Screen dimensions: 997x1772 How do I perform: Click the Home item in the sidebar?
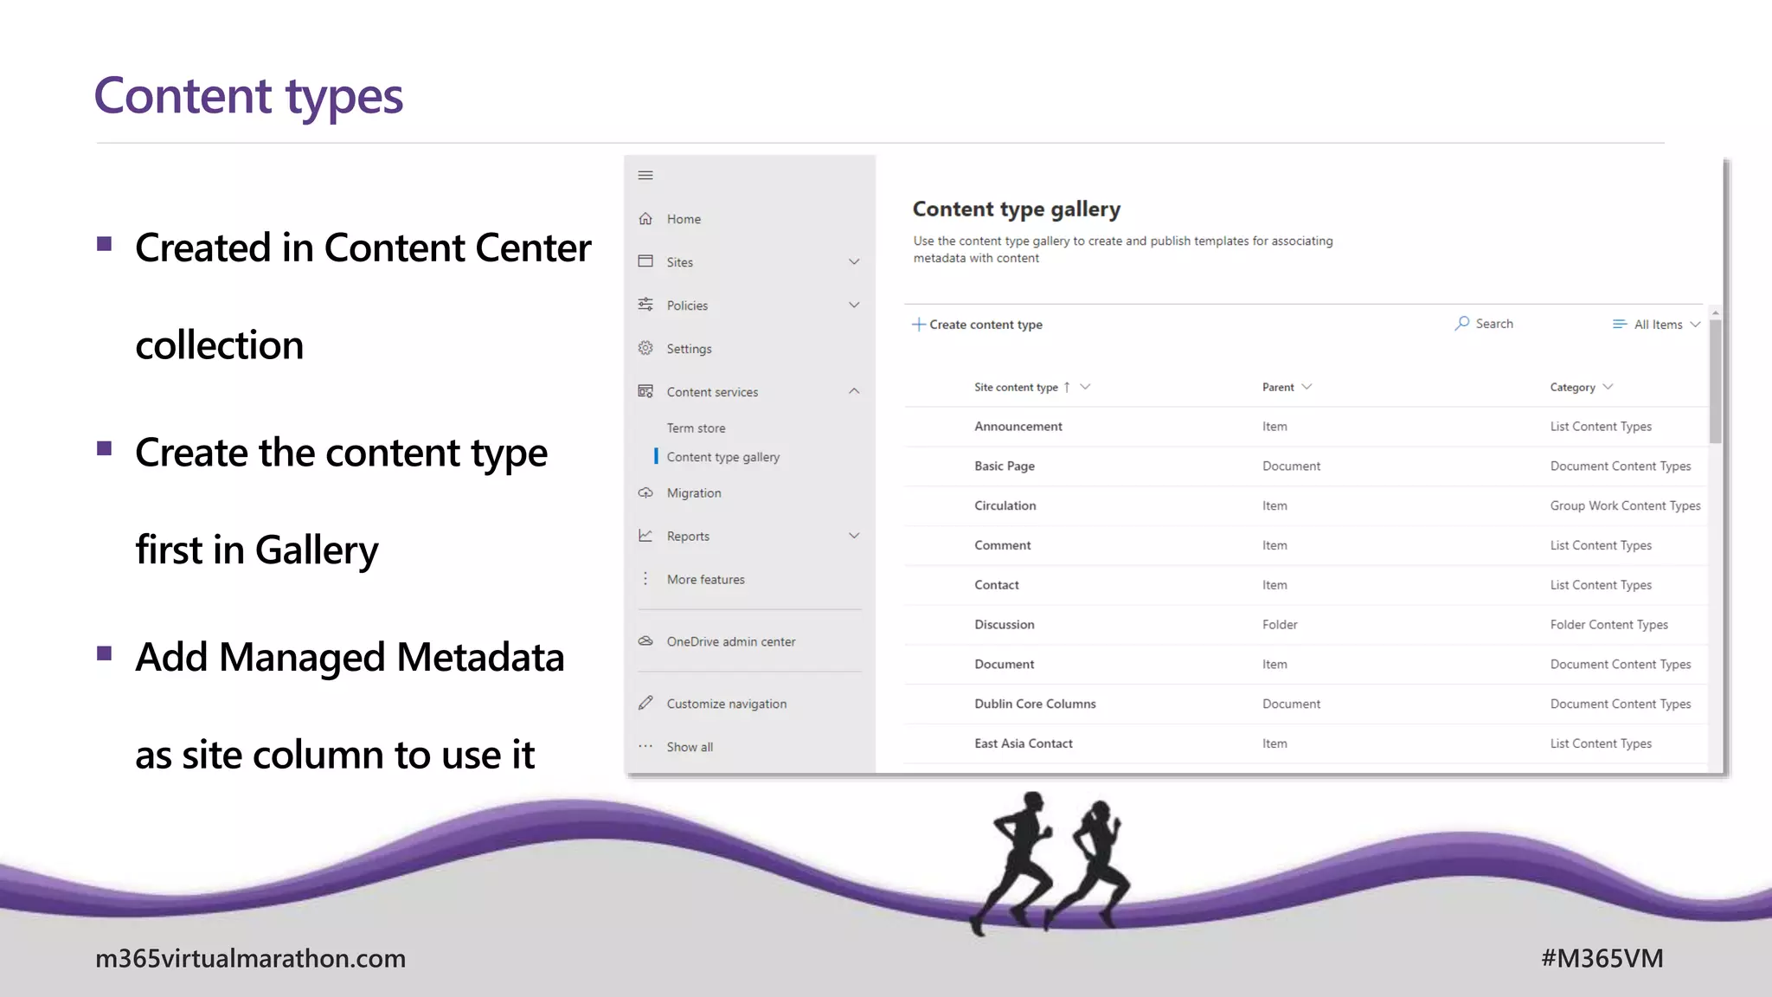click(x=683, y=219)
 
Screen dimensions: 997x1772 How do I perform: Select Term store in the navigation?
click(x=696, y=428)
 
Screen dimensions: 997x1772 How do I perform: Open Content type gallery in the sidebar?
click(x=722, y=457)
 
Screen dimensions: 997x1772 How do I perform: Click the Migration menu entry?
click(x=693, y=493)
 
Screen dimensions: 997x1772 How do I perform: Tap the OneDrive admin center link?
click(x=730, y=642)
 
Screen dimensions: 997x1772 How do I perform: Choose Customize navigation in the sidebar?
click(x=726, y=704)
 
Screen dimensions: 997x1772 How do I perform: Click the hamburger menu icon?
click(x=645, y=176)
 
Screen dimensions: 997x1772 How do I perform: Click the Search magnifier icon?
click(x=1462, y=323)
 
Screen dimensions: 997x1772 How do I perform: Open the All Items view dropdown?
click(x=1657, y=325)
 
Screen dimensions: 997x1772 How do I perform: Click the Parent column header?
click(x=1278, y=388)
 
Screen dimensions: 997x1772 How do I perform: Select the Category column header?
click(x=1572, y=388)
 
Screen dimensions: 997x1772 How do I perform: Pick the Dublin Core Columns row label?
click(x=1035, y=704)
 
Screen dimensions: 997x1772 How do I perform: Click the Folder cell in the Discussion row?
click(x=1280, y=625)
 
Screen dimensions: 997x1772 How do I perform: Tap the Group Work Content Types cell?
click(x=1625, y=506)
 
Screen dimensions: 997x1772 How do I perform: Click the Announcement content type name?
click(x=1018, y=427)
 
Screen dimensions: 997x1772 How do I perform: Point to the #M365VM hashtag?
click(x=1602, y=958)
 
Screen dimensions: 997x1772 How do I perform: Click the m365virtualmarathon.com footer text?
click(x=250, y=958)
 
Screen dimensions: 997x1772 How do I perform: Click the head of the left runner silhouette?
click(x=1032, y=801)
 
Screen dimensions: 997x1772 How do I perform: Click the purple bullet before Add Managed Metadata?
click(x=105, y=653)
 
